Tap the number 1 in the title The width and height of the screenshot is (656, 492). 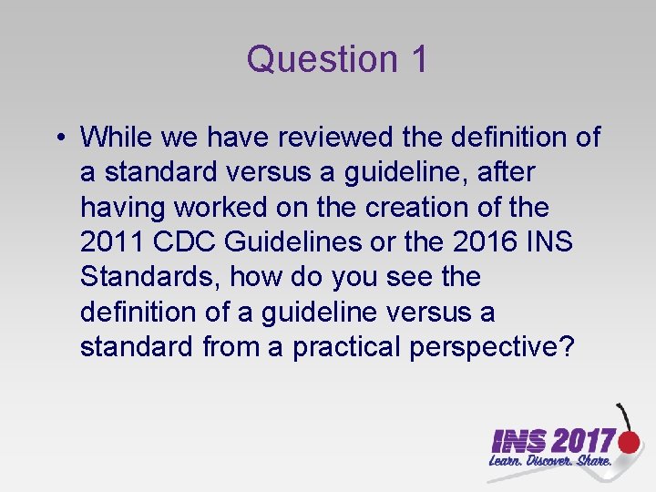(x=417, y=60)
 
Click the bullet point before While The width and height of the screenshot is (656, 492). (x=57, y=138)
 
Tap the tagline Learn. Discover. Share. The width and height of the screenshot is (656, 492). (x=551, y=463)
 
